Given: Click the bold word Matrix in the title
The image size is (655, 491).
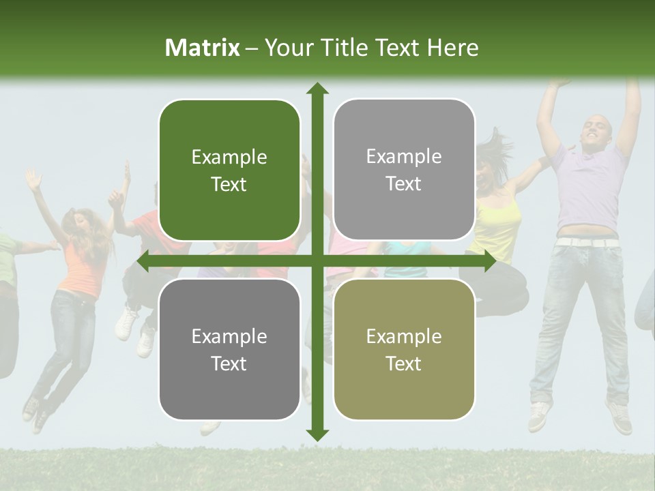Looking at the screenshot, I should point(203,48).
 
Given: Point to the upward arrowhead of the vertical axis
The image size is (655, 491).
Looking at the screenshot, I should point(317,89).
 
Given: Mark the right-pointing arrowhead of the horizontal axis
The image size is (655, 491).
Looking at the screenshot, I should point(489,261).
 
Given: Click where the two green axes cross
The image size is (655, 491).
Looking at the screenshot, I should point(317,261).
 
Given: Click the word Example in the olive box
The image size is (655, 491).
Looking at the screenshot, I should point(404,336).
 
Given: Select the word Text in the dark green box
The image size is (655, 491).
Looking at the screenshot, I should point(229,185).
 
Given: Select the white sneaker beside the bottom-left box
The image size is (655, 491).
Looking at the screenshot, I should point(126,324).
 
